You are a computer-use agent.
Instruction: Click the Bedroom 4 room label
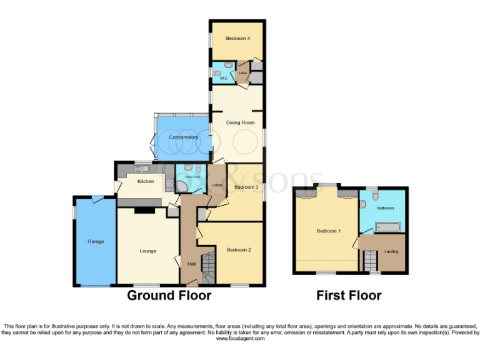coord(238,39)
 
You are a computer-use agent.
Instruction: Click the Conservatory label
coord(183,137)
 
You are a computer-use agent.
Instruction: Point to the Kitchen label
coord(146,181)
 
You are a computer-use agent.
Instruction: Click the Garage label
coord(96,241)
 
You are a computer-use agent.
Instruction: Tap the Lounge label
coord(147,251)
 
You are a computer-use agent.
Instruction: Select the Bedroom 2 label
coord(239,250)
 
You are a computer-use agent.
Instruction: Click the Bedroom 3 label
coord(246,187)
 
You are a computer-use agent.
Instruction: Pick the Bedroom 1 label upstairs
coord(328,231)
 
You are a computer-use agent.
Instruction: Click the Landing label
coord(391,251)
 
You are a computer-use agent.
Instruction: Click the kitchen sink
coord(137,168)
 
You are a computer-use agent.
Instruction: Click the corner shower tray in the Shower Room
coord(182,186)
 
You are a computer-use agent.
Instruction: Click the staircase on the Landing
coord(371,260)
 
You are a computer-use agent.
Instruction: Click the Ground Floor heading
coord(169,295)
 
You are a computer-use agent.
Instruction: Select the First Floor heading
coord(349,295)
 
